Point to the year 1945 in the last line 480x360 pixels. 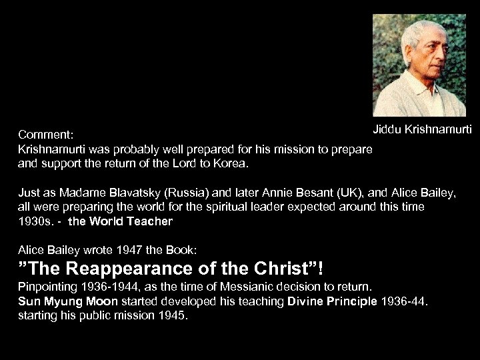[x=173, y=317]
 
